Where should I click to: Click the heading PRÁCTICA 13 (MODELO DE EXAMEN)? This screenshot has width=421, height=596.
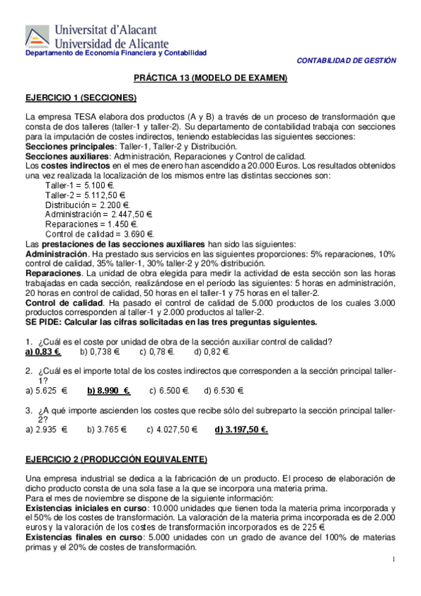(x=211, y=78)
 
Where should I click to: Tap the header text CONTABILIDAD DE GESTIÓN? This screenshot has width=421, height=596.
(x=347, y=61)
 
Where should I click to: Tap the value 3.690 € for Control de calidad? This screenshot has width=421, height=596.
(x=139, y=234)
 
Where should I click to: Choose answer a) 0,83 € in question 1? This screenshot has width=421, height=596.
(x=44, y=351)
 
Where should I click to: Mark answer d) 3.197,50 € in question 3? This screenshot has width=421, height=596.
(x=241, y=429)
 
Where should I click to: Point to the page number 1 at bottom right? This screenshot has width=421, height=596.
(x=394, y=559)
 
